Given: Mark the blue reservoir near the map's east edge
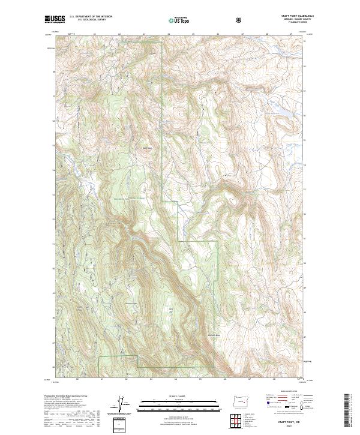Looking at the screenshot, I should point(281,112).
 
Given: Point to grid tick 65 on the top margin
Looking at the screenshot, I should point(193,35).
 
